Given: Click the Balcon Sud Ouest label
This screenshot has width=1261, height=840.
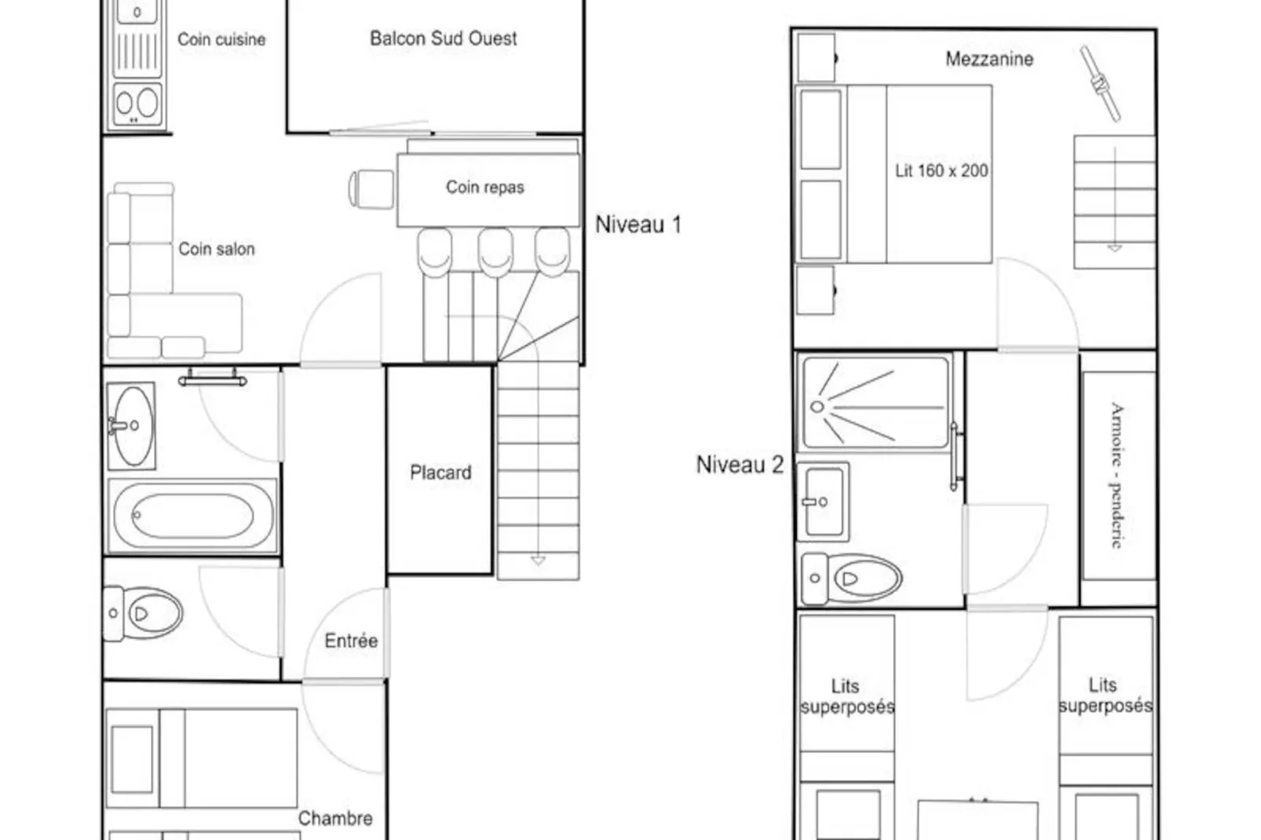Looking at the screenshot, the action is click(443, 38).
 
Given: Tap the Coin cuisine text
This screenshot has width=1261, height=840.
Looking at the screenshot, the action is click(221, 39).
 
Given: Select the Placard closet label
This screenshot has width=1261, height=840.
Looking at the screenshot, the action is click(440, 473).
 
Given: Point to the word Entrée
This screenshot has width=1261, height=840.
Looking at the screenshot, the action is click(351, 641).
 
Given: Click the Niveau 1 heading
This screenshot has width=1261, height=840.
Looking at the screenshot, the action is click(638, 225).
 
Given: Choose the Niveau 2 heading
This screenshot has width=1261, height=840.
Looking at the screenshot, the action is click(740, 465).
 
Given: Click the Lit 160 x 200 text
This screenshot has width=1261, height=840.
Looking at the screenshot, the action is click(941, 170).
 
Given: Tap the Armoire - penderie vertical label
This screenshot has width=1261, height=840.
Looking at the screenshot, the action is click(1117, 475).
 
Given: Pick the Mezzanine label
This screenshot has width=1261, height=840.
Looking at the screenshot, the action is click(989, 59).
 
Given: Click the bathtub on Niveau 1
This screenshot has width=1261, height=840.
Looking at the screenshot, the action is click(192, 516).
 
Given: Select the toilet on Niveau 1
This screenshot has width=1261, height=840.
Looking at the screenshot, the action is click(143, 613).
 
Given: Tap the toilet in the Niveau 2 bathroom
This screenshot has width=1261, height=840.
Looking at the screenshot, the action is click(851, 579).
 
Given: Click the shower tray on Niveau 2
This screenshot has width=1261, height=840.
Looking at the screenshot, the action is click(875, 404).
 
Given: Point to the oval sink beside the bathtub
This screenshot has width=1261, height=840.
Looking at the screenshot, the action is click(132, 425).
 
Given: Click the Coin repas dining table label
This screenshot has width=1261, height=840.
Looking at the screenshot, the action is click(484, 187).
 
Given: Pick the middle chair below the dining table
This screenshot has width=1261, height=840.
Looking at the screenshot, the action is click(495, 252).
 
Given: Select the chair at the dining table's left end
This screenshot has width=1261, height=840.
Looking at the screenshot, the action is click(371, 189).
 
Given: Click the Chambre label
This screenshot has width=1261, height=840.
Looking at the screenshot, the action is click(335, 818).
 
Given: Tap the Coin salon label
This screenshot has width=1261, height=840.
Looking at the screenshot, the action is click(216, 249).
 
